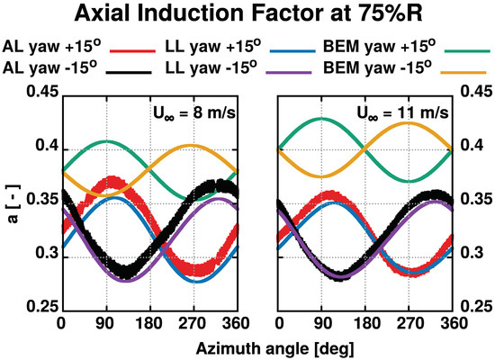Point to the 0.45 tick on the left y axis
40,91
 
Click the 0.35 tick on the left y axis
40,200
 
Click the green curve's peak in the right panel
322,119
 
